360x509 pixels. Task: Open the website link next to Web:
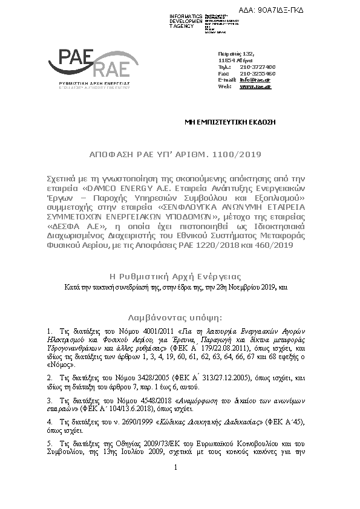255,86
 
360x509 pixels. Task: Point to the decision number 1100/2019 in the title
238,155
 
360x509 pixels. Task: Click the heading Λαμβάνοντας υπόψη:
175,317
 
